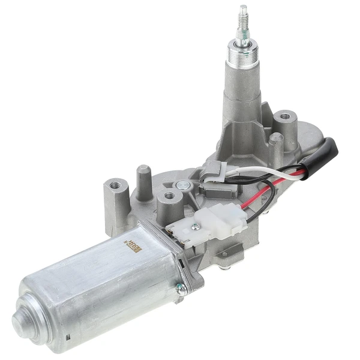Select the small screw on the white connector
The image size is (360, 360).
tap(194, 226)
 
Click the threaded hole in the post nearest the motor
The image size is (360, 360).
tap(170, 195)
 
